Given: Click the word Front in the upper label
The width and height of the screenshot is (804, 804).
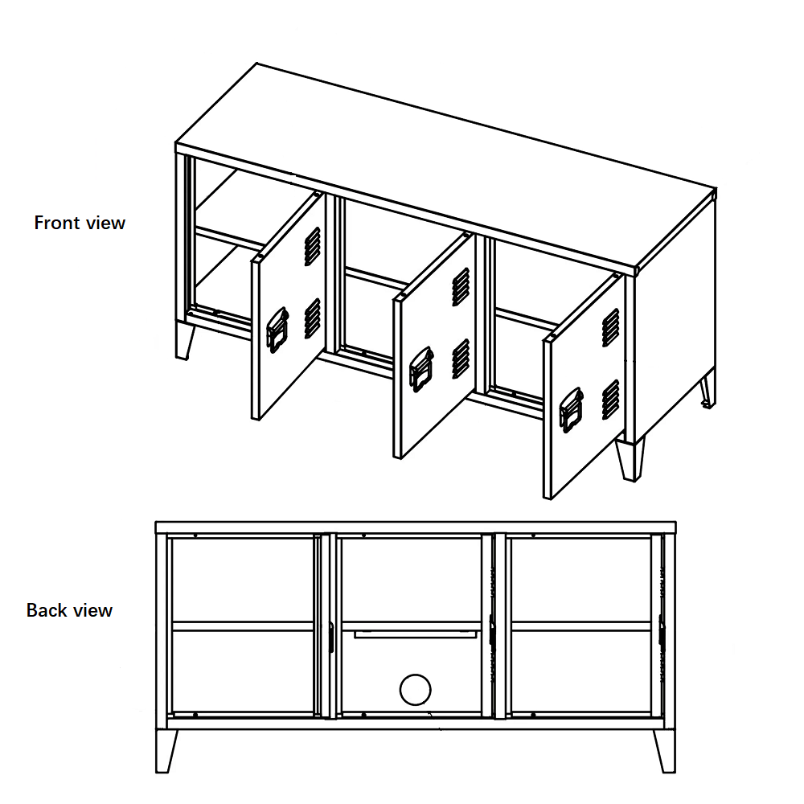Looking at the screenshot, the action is click(x=56, y=223).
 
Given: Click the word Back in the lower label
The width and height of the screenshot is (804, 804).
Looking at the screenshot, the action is click(x=46, y=610).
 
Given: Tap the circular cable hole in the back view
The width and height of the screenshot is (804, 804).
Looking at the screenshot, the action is click(x=416, y=690).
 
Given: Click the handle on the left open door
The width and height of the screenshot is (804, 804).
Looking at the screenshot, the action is click(x=277, y=330).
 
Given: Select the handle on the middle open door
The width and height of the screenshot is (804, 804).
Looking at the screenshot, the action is click(x=421, y=369).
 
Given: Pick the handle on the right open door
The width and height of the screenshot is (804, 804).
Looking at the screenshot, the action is click(x=571, y=410).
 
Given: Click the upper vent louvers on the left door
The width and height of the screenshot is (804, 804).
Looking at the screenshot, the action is click(x=312, y=247).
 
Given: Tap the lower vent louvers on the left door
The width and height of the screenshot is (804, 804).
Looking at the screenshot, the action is click(x=312, y=318).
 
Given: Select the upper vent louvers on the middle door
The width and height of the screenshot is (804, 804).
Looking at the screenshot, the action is click(x=461, y=287).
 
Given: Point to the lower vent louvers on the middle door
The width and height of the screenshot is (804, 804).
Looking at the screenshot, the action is click(x=461, y=359).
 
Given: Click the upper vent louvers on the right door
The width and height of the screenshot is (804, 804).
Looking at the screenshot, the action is click(x=610, y=328).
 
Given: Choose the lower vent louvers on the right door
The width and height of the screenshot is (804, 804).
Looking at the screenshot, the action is click(x=610, y=400).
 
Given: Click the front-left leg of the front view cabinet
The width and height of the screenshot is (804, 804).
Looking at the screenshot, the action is click(x=185, y=340).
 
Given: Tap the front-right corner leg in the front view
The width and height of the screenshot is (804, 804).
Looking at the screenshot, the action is click(x=630, y=458).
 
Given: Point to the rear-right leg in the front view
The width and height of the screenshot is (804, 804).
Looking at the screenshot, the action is click(x=708, y=390).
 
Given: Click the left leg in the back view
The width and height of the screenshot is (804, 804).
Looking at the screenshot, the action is click(x=166, y=750).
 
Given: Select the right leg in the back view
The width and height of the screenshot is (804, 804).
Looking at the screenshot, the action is click(x=665, y=750).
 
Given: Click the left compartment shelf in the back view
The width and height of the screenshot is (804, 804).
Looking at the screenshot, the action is click(x=243, y=626).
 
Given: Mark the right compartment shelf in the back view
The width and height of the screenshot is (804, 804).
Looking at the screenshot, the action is click(x=581, y=626).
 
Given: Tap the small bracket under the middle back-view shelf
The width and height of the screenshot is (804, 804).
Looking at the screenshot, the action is click(x=416, y=635).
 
